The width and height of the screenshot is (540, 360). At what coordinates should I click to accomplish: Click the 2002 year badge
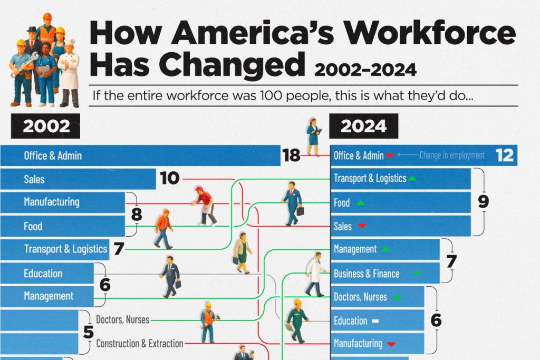click(46, 127)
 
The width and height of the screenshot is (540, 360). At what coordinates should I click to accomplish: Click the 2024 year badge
click(364, 127)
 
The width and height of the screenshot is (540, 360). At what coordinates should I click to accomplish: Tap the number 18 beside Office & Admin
click(291, 155)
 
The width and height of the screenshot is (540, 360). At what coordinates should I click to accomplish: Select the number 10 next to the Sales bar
click(170, 179)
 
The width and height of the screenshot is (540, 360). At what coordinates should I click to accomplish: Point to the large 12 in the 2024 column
click(505, 155)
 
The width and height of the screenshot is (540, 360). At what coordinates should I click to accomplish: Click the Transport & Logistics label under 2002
click(65, 249)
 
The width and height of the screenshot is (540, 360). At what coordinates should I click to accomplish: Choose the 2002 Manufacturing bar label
click(51, 202)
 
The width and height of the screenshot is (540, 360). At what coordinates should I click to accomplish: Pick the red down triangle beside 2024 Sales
click(362, 226)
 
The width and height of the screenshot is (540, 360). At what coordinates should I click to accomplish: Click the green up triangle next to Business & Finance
click(417, 273)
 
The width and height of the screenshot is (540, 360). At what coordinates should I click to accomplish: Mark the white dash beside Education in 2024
click(375, 320)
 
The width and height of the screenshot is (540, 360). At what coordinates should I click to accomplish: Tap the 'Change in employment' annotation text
click(452, 155)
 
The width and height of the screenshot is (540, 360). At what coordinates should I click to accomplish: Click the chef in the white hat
click(69, 71)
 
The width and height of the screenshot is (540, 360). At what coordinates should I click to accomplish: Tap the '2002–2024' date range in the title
click(365, 70)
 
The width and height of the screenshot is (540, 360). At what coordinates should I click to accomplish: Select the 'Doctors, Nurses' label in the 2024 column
click(360, 297)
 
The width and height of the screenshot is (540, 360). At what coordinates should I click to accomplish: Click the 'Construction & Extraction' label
click(139, 344)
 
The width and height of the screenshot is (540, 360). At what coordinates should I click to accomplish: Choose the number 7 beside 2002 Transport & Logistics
click(119, 249)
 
